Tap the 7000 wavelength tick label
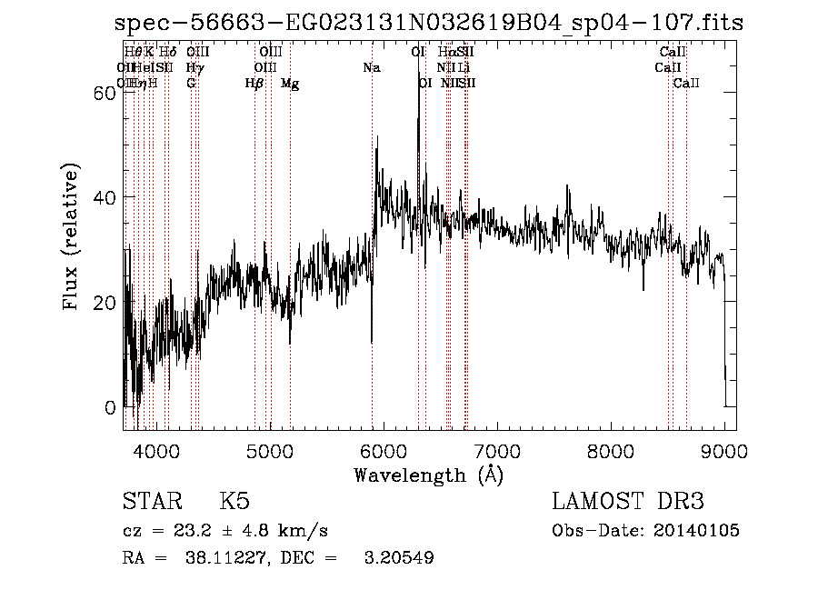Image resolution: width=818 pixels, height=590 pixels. click(x=497, y=450)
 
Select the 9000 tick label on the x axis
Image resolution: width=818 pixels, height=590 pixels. click(x=724, y=450)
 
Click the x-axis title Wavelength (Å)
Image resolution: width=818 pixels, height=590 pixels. click(x=428, y=475)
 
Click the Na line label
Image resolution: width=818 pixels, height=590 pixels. click(x=371, y=68)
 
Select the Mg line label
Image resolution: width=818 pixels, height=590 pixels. click(x=290, y=84)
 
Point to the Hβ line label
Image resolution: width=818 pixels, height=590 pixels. click(x=254, y=84)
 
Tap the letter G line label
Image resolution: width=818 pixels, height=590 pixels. click(x=191, y=84)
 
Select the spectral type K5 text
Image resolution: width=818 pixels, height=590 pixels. click(x=234, y=502)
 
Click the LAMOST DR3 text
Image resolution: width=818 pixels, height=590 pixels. click(x=628, y=502)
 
